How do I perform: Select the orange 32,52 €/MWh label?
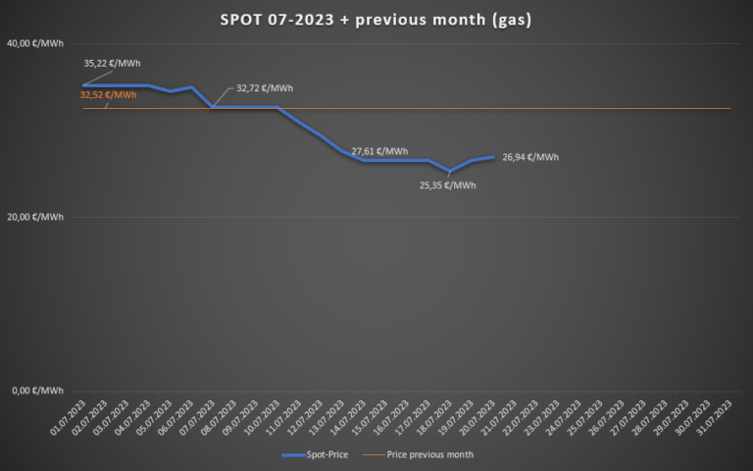pyautogui.click(x=108, y=95)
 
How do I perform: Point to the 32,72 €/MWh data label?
pyautogui.click(x=265, y=88)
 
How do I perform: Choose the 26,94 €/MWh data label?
pyautogui.click(x=530, y=157)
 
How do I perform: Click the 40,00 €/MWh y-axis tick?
pyautogui.click(x=35, y=44)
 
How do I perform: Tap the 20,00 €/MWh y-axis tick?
pyautogui.click(x=35, y=217)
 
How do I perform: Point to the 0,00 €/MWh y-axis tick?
pyautogui.click(x=38, y=391)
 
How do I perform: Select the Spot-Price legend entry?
pyautogui.click(x=314, y=455)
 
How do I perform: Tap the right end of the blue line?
pyautogui.click(x=493, y=157)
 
